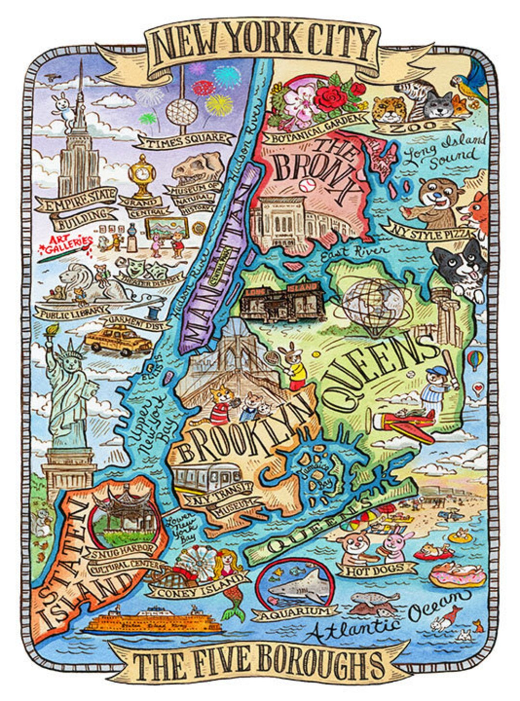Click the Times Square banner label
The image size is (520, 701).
(185, 140)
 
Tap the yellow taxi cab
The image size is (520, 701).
(117, 340)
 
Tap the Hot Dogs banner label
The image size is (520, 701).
(377, 570)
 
